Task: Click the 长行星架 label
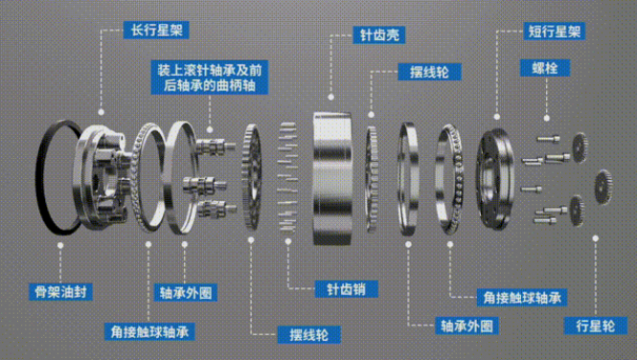click(156, 30)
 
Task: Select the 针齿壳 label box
click(379, 34)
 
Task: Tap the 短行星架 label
click(555, 32)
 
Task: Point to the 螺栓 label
click(545, 68)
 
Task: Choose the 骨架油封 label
click(60, 292)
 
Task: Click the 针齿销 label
click(347, 289)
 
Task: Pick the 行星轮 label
click(596, 326)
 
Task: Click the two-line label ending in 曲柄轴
click(210, 78)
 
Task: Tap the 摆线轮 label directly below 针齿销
click(309, 335)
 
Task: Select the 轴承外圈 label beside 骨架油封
click(186, 293)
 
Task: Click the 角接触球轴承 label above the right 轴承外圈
click(522, 298)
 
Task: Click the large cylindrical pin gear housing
click(332, 179)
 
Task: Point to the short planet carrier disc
click(495, 179)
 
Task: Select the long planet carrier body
click(102, 176)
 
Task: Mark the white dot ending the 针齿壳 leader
click(331, 97)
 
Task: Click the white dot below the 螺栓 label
click(547, 118)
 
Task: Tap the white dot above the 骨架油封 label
click(60, 245)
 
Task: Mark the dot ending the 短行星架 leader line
click(497, 117)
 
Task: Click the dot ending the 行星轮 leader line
click(596, 238)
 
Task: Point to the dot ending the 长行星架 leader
click(102, 112)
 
